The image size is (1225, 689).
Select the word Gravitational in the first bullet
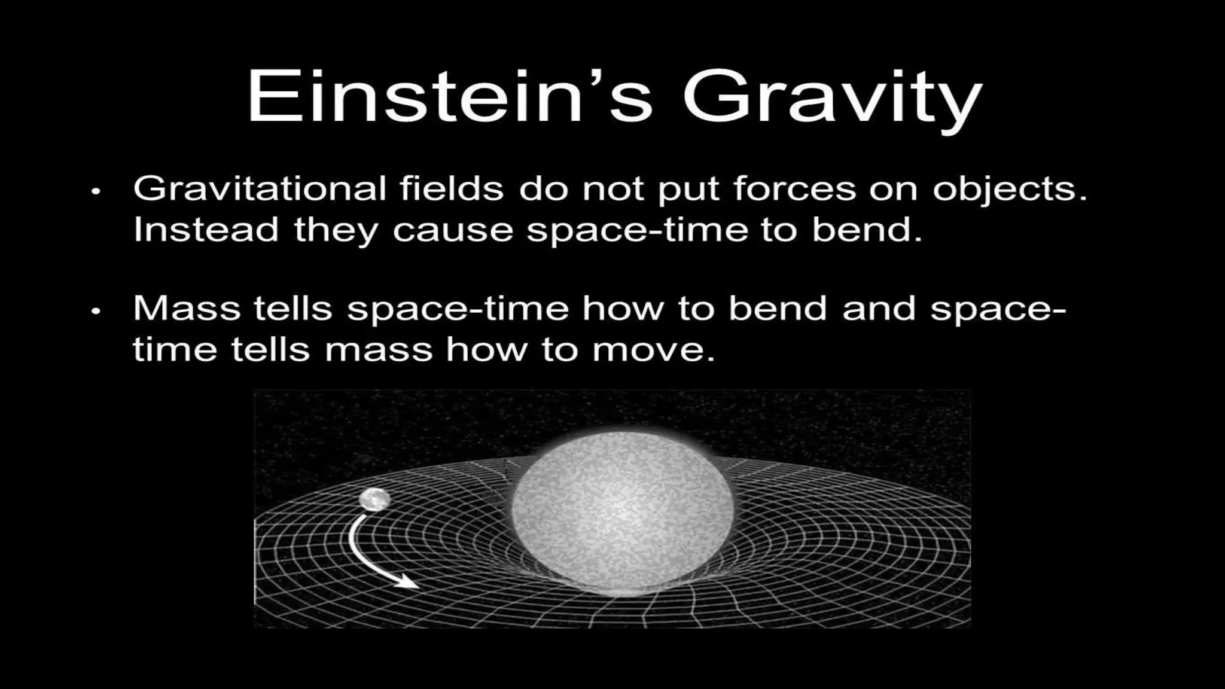[x=259, y=189]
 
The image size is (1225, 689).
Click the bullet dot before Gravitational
[x=96, y=192]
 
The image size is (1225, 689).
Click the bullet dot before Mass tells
[x=96, y=312]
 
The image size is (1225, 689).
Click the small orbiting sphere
[x=375, y=499]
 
